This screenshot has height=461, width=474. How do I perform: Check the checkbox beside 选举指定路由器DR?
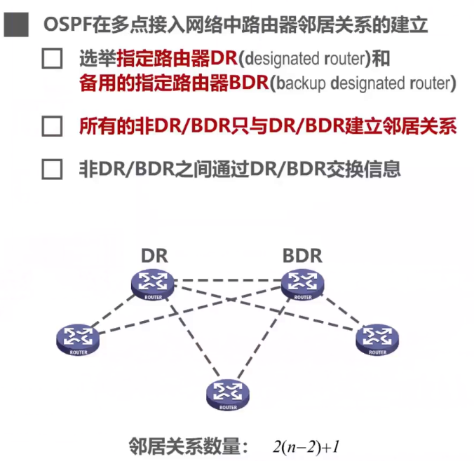click(x=53, y=58)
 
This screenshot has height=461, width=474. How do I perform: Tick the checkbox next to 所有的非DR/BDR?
click(x=53, y=127)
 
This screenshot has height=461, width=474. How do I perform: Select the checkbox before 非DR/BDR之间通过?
click(x=53, y=170)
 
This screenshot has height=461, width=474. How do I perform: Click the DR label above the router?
click(x=154, y=256)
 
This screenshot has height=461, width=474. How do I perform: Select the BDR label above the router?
click(x=302, y=256)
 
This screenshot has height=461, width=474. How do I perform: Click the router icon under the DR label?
click(x=153, y=284)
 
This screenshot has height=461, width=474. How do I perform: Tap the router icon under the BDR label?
click(x=303, y=283)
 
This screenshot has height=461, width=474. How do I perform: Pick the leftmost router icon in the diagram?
click(x=79, y=338)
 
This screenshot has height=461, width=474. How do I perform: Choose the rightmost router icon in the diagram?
click(x=377, y=338)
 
